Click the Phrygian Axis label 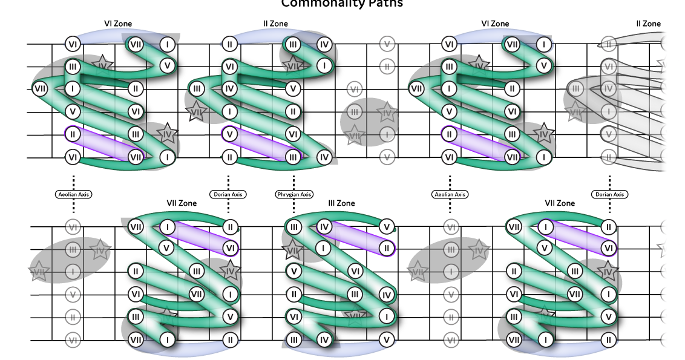[x=294, y=195]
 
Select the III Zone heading [x=341, y=203]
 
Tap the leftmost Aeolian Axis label [x=73, y=195]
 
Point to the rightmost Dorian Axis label [x=609, y=195]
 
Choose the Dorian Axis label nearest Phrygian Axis [x=229, y=195]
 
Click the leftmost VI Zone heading [x=118, y=24]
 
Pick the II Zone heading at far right [x=648, y=24]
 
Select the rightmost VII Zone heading [x=560, y=203]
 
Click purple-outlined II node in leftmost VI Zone [x=73, y=134]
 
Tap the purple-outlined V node [x=229, y=134]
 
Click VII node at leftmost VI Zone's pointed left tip [x=41, y=89]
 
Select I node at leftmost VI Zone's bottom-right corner [x=167, y=157]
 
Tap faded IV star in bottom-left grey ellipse [x=100, y=249]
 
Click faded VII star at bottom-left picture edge [x=39, y=272]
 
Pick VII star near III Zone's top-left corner [x=293, y=249]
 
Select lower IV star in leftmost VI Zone [x=168, y=134]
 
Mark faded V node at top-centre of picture [x=387, y=44]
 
